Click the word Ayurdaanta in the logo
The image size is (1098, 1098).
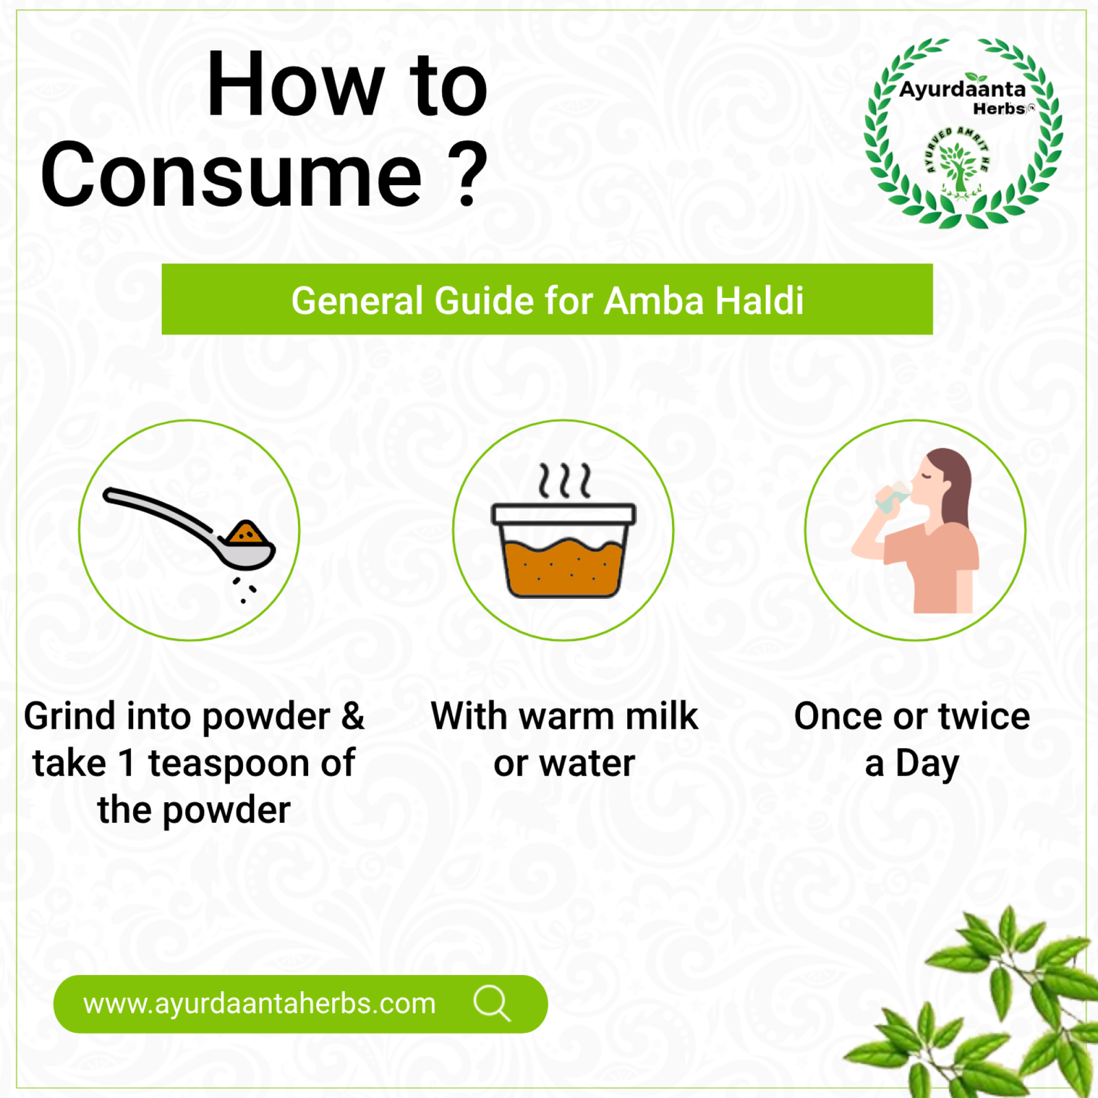pos(962,89)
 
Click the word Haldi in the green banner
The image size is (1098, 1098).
pos(760,301)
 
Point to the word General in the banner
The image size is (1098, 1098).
pos(357,301)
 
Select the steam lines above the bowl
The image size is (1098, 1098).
pos(564,480)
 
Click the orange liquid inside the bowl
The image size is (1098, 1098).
pos(563,567)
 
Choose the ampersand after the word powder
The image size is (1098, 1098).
pos(353,716)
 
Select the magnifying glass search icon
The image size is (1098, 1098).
pos(492,1004)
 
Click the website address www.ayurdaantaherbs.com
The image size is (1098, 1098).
pos(259,1004)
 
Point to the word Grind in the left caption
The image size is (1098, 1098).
pos(70,716)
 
